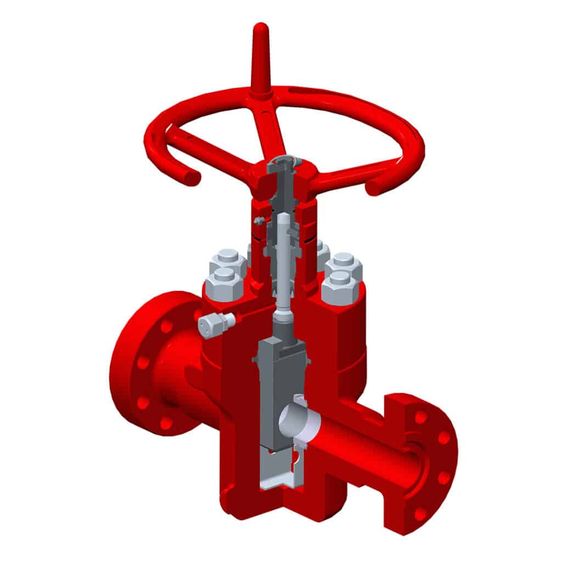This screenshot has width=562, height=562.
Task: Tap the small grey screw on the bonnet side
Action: pyautogui.click(x=258, y=221)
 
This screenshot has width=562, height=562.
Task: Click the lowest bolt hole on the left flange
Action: pyautogui.click(x=166, y=423)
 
